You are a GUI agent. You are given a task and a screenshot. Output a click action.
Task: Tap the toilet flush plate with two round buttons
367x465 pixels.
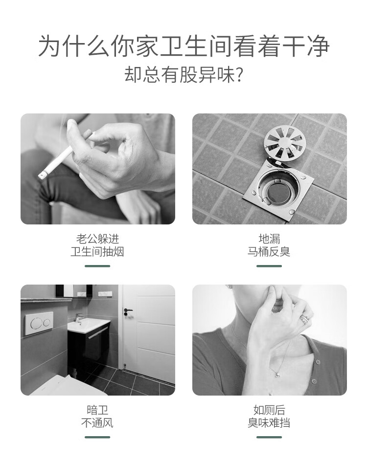point(39,324)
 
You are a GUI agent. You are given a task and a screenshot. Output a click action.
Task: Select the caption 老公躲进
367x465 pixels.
point(97,239)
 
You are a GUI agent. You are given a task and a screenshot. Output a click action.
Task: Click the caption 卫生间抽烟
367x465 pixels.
point(97,252)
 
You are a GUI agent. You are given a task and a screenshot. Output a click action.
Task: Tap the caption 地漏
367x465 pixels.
point(269,239)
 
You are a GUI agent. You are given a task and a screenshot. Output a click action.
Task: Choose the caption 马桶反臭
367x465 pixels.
point(269,252)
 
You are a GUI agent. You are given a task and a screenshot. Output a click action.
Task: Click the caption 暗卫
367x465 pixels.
point(97,410)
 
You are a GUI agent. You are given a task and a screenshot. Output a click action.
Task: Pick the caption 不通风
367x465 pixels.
point(97,423)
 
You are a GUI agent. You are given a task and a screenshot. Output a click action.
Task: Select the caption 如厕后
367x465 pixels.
point(269,410)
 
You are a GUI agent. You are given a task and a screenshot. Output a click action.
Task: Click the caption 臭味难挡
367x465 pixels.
point(269,423)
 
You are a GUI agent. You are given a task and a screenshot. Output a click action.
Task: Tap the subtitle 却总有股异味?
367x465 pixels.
point(183,74)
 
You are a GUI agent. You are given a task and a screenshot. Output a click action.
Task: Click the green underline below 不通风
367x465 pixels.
point(97,437)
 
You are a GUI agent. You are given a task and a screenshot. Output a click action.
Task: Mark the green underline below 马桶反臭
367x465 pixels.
point(269,266)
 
